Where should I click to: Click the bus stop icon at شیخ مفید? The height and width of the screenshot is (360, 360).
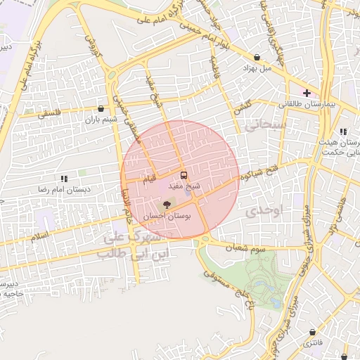coord(184,175)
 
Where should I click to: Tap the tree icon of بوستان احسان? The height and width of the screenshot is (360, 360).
coord(167,205)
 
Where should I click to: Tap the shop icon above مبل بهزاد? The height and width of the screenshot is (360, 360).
coord(257,58)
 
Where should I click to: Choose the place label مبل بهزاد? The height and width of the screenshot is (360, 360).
coord(257,68)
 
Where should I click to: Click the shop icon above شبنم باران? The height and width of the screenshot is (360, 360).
coord(102,109)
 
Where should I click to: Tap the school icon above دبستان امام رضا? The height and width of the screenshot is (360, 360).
coord(64,179)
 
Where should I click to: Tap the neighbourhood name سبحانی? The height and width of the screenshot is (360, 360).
coord(265,125)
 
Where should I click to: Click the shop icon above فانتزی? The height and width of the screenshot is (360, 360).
coord(310,333)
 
